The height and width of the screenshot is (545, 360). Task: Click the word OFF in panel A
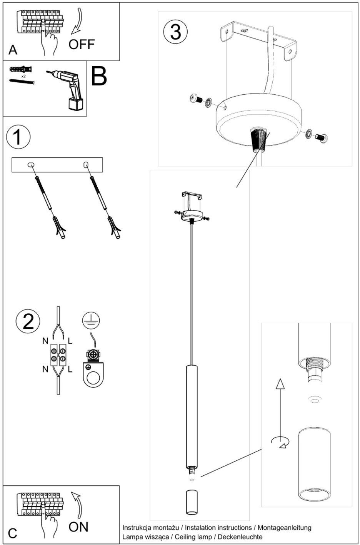tap(82, 44)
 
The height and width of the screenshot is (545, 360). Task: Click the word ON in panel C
tap(78, 527)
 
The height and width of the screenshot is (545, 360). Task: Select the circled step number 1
tap(18, 137)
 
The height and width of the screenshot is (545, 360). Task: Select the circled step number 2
tap(28, 321)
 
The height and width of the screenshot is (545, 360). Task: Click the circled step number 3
tap(175, 32)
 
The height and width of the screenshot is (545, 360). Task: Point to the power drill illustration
tap(68, 88)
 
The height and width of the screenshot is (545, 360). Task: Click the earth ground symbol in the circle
tap(91, 321)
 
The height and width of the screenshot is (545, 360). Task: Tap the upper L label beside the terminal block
tap(70, 341)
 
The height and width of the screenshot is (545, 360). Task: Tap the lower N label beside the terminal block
tap(45, 369)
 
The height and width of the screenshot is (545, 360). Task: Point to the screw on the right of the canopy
tap(321, 137)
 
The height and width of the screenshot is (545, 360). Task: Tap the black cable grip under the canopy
tap(258, 139)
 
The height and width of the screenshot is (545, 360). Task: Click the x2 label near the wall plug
tap(23, 77)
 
